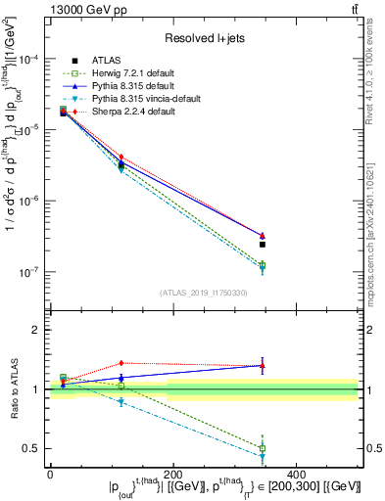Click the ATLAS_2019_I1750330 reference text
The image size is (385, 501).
point(204,293)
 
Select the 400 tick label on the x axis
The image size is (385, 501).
point(297,473)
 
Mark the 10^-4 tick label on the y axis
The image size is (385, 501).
point(30,59)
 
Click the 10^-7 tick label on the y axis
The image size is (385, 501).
point(30,272)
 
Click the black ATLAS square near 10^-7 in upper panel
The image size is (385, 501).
point(263,245)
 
